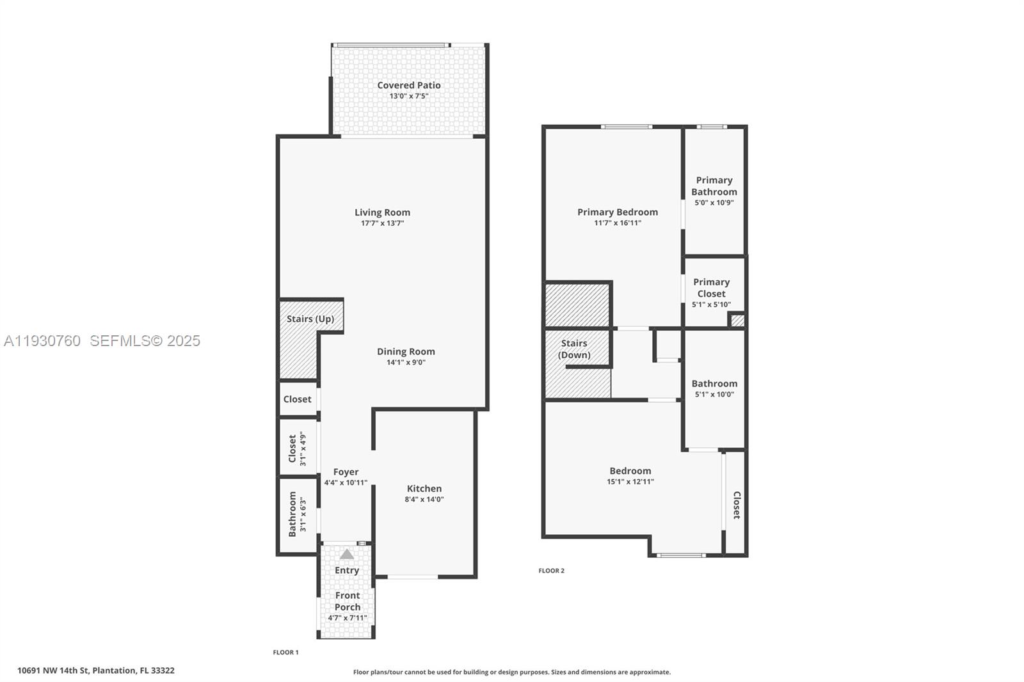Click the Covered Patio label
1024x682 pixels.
tap(408, 85)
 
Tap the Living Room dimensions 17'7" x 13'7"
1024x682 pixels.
tap(382, 224)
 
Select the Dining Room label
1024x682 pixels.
tap(406, 351)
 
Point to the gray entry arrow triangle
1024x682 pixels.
tap(346, 554)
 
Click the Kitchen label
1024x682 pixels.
tap(424, 488)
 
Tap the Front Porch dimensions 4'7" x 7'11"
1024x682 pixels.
tap(348, 618)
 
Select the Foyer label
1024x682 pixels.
tap(346, 472)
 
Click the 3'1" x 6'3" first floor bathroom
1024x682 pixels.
tap(298, 513)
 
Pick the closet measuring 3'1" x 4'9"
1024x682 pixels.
tap(298, 448)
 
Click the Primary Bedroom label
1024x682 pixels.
tap(617, 212)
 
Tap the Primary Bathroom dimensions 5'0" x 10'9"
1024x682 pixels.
tap(714, 203)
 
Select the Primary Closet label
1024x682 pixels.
tap(711, 288)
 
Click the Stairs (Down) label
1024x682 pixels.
tap(574, 349)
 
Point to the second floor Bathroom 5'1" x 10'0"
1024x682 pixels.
tap(714, 388)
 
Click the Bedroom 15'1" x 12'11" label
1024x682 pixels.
tap(630, 471)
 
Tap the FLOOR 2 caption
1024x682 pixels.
tap(551, 571)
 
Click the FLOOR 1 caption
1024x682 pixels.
tap(285, 653)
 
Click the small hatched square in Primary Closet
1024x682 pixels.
tap(737, 321)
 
